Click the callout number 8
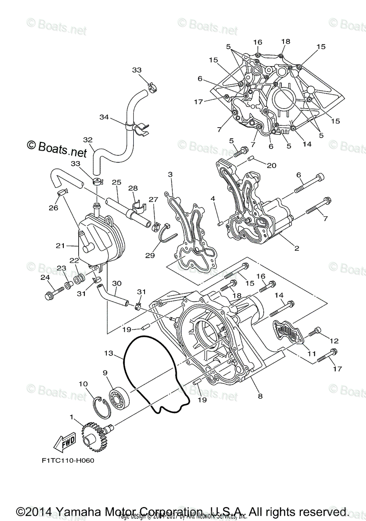[x=260, y=396]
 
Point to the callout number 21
[x=60, y=246]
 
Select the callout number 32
[x=88, y=140]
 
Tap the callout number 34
[x=104, y=117]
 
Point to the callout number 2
[x=297, y=249]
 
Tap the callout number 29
[x=150, y=256]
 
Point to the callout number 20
[x=271, y=165]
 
